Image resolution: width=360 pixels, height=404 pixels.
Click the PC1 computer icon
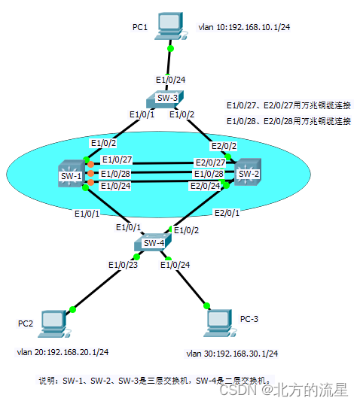click(171, 26)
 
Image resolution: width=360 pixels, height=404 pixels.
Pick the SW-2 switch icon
click(247, 173)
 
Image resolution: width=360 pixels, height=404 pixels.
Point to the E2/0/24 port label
click(206, 185)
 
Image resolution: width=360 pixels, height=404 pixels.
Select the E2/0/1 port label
click(227, 214)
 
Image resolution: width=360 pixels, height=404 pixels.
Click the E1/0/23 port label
click(121, 264)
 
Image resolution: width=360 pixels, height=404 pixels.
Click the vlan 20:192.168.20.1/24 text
click(63, 351)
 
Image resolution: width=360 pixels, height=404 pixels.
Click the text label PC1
click(139, 27)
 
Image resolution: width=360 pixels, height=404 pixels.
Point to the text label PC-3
click(249, 319)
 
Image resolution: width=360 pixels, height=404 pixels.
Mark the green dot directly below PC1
click(171, 49)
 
